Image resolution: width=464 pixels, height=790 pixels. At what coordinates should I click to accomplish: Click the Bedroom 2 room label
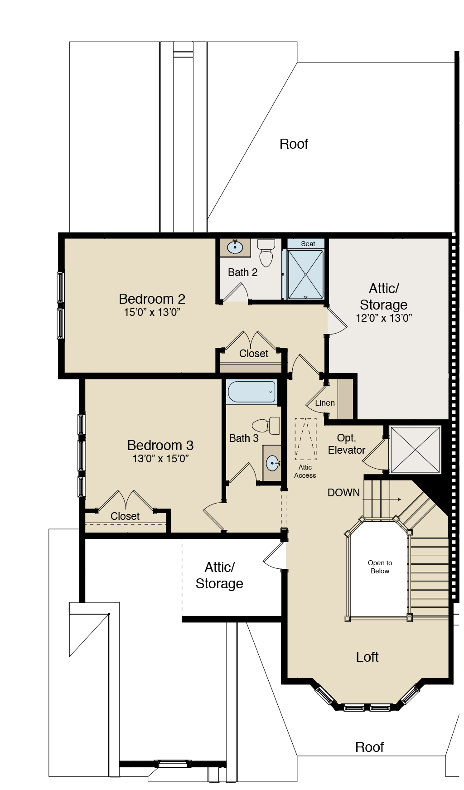[x=152, y=299]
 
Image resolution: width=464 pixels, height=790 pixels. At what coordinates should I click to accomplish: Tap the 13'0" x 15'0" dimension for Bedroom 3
[x=160, y=459]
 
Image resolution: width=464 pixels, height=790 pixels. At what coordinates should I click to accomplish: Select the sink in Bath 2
[x=235, y=247]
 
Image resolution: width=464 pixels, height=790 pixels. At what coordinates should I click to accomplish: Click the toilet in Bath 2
[x=266, y=254]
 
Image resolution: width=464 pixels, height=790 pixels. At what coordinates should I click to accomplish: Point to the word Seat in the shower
[x=308, y=244]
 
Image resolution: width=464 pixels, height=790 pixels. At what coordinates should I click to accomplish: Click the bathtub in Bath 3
[x=251, y=392]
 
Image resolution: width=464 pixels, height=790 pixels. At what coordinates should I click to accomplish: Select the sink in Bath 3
[x=273, y=463]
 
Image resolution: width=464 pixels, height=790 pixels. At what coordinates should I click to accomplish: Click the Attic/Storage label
[x=383, y=296]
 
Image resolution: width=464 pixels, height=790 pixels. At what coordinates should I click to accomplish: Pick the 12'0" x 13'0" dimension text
[x=383, y=318]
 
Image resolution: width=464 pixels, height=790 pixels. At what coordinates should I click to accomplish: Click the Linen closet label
[x=325, y=403]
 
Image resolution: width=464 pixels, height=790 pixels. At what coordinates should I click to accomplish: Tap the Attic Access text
[x=305, y=471]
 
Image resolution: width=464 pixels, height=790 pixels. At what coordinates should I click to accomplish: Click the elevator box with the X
[x=415, y=450]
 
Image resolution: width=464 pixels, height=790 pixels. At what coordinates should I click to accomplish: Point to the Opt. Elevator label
[x=347, y=444]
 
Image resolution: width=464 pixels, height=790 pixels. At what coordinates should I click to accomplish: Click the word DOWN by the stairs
[x=343, y=493]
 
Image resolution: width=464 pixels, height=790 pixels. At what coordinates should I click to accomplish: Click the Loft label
[x=367, y=657]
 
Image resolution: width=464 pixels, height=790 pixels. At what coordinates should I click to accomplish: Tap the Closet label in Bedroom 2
[x=254, y=354]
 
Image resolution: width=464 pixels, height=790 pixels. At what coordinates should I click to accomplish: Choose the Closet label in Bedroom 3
[x=125, y=516]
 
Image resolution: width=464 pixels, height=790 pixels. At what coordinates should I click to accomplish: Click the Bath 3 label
[x=244, y=438]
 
